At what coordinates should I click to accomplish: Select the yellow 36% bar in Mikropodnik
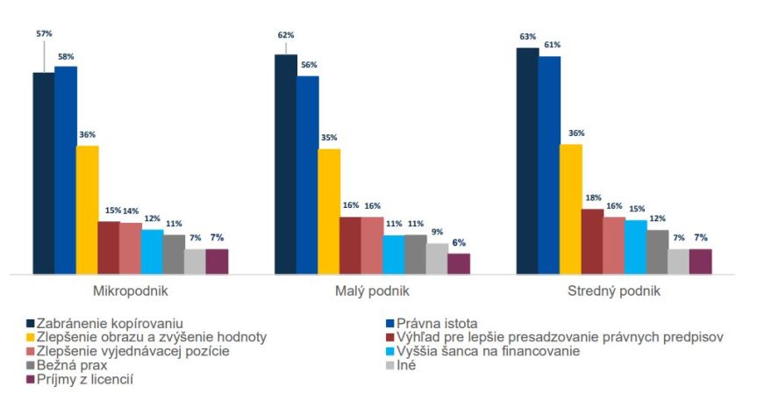[x=87, y=210]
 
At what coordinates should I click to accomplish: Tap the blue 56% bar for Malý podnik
[x=307, y=175]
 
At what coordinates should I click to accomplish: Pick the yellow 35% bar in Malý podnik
[x=329, y=211]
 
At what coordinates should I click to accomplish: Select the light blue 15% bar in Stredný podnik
[x=636, y=247]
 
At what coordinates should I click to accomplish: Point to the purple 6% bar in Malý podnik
[x=459, y=263]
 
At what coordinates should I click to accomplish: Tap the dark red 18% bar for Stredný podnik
[x=592, y=241]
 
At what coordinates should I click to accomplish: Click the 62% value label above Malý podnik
[x=286, y=35]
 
